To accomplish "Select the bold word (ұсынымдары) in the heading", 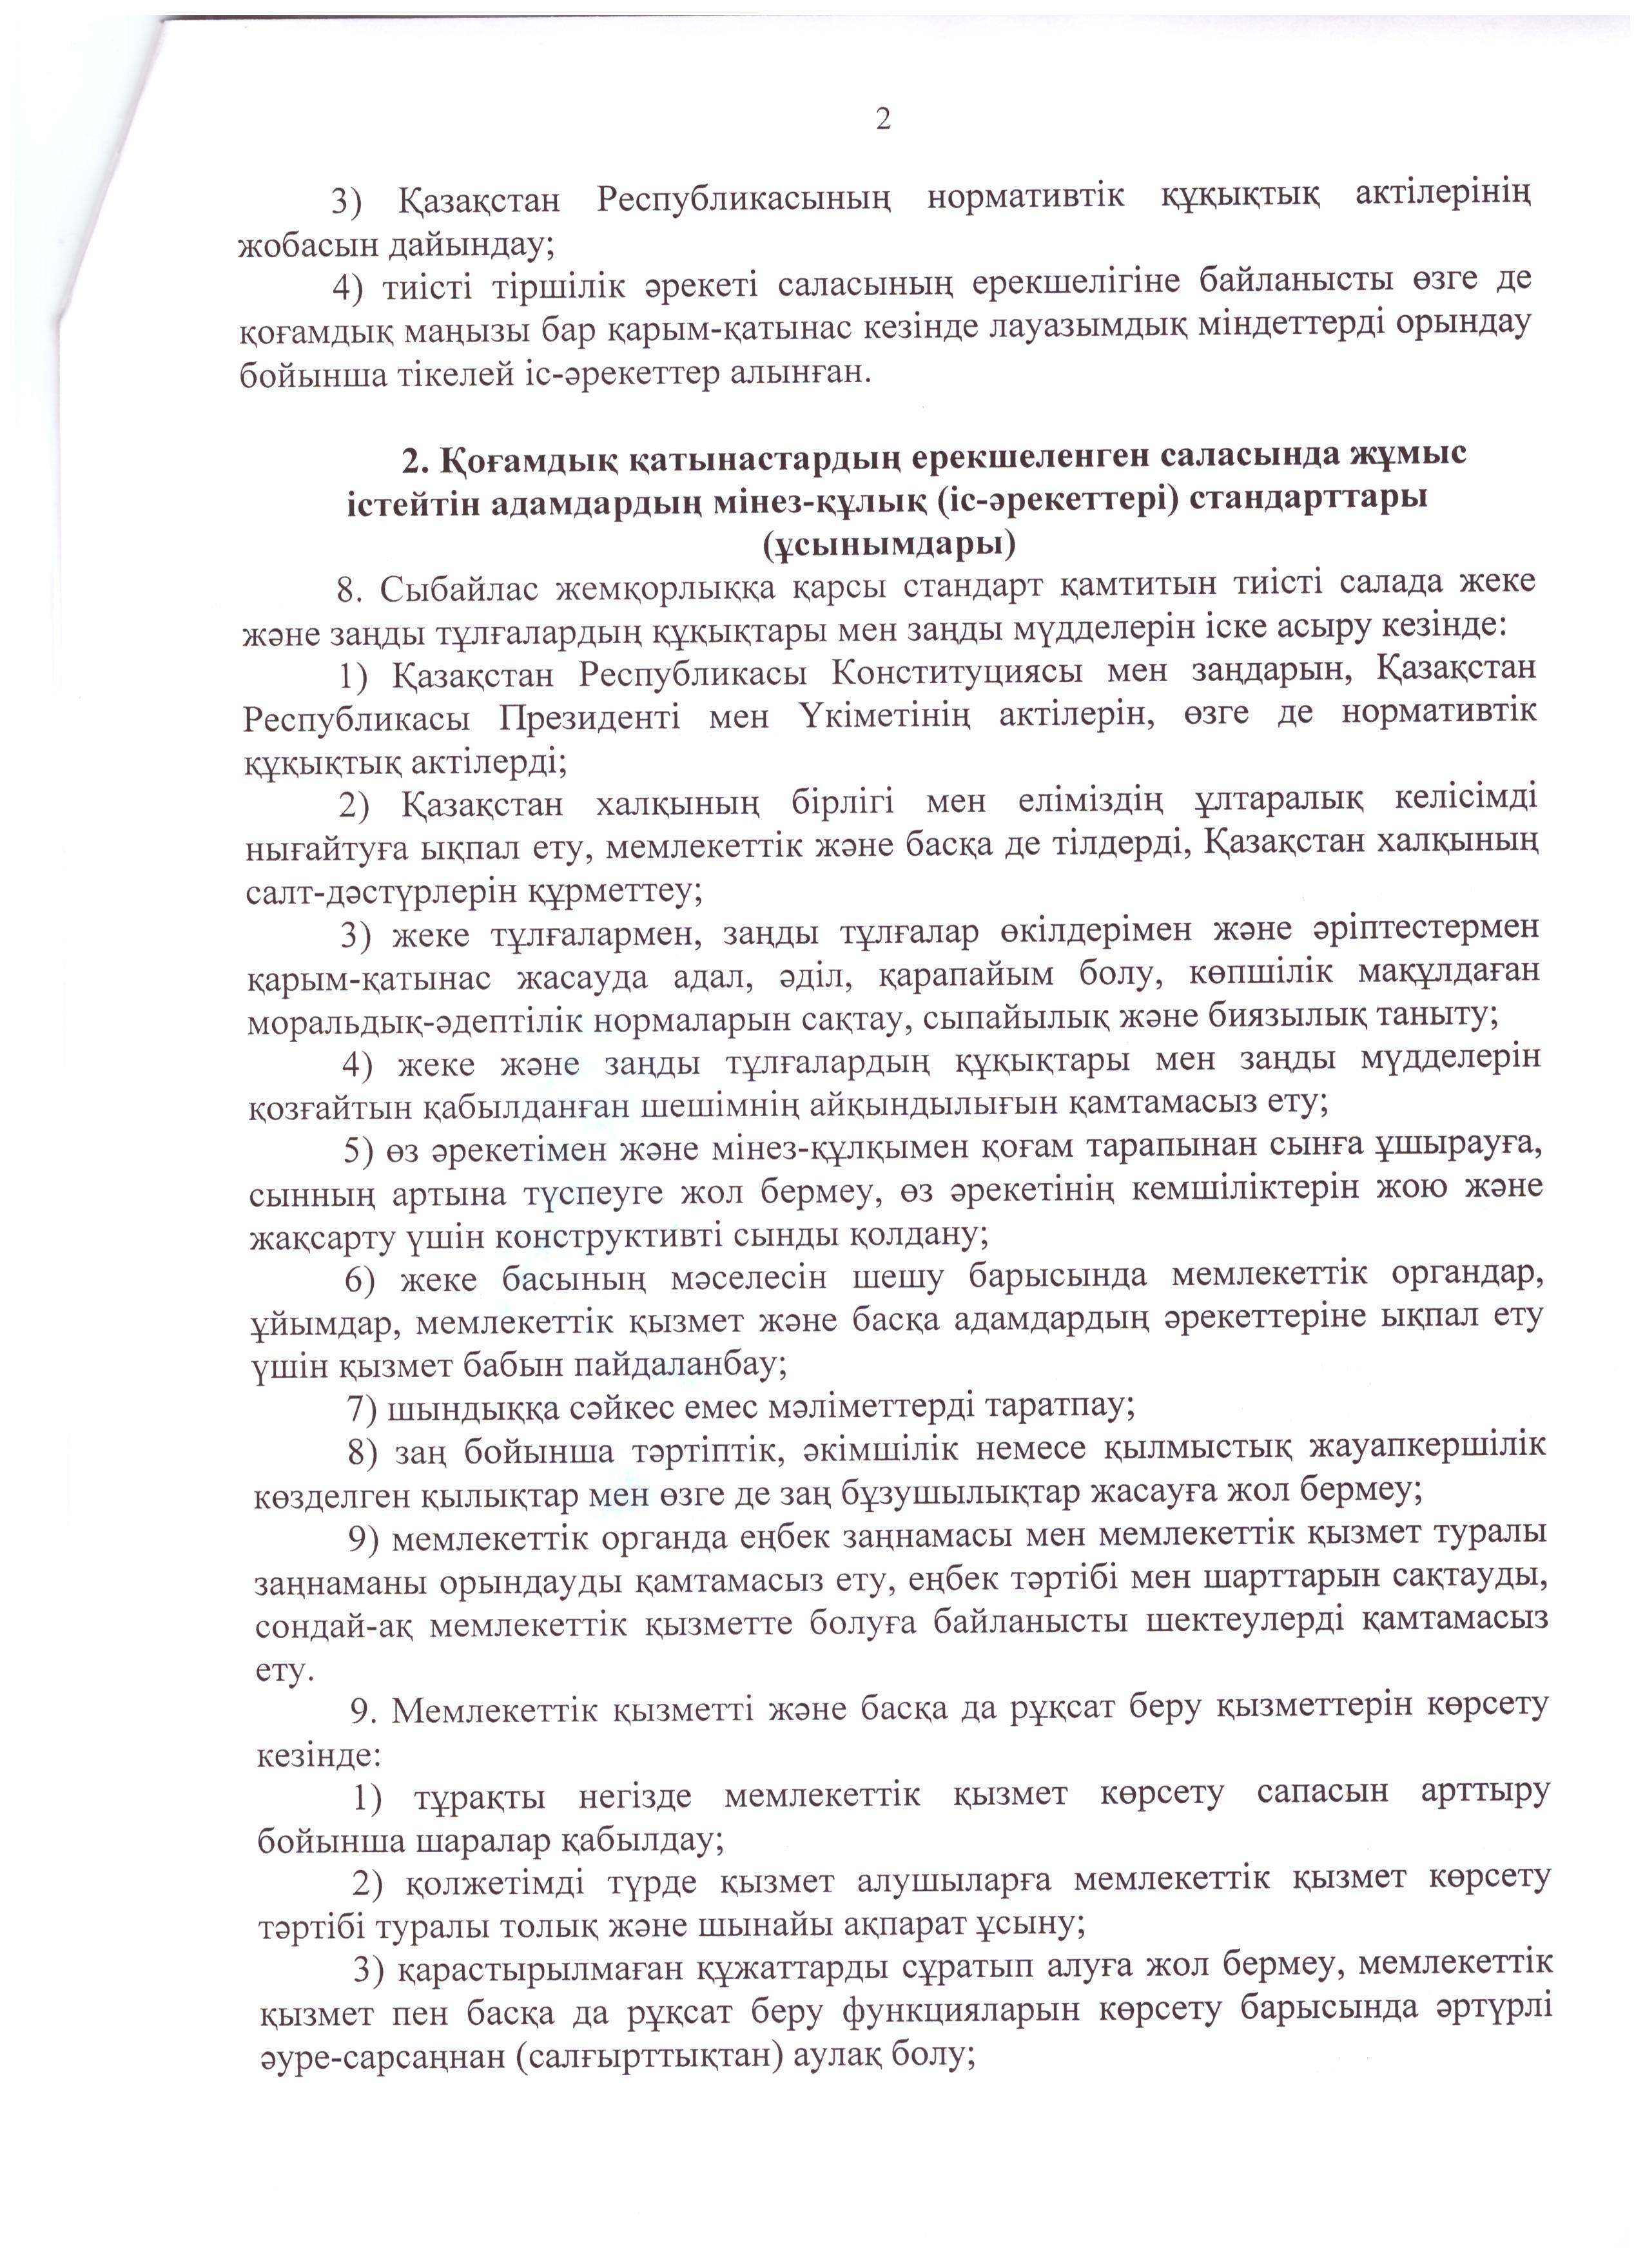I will point(888,543).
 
